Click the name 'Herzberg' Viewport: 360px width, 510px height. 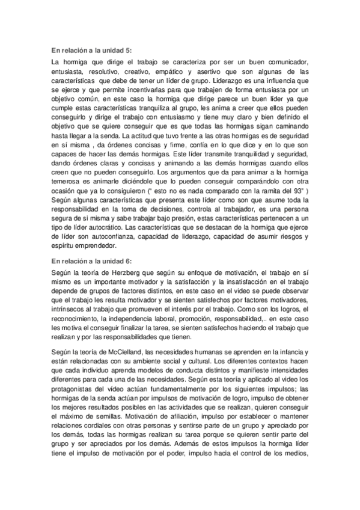(114, 256)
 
